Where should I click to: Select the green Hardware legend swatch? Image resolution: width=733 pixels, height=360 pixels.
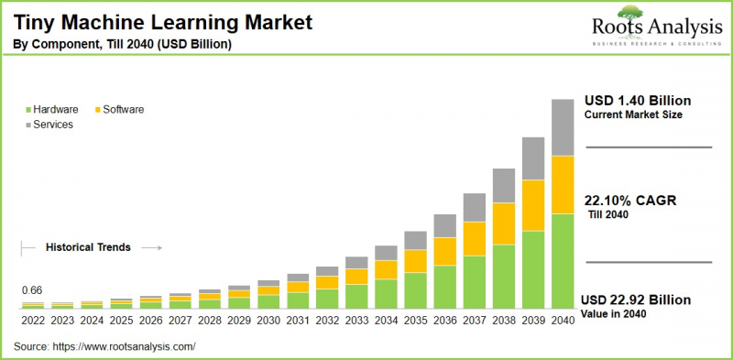pyautogui.click(x=27, y=110)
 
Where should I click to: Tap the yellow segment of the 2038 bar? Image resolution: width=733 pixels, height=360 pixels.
pyautogui.click(x=503, y=224)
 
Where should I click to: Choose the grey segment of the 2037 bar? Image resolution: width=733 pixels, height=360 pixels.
pyautogui.click(x=474, y=207)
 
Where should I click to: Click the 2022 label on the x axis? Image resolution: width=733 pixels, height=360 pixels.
pyautogui.click(x=33, y=322)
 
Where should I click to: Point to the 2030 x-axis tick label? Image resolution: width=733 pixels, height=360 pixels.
pyautogui.click(x=268, y=322)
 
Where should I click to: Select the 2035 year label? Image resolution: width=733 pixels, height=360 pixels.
pyautogui.click(x=415, y=322)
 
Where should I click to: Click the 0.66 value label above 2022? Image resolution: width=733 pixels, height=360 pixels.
pyautogui.click(x=32, y=290)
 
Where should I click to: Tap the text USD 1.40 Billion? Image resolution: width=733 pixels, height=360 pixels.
pyautogui.click(x=638, y=100)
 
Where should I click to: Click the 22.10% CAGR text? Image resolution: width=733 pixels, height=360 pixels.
pyautogui.click(x=629, y=201)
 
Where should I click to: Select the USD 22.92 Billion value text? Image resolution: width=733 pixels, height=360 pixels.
pyautogui.click(x=638, y=300)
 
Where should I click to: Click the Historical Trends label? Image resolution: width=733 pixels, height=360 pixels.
pyautogui.click(x=88, y=247)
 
